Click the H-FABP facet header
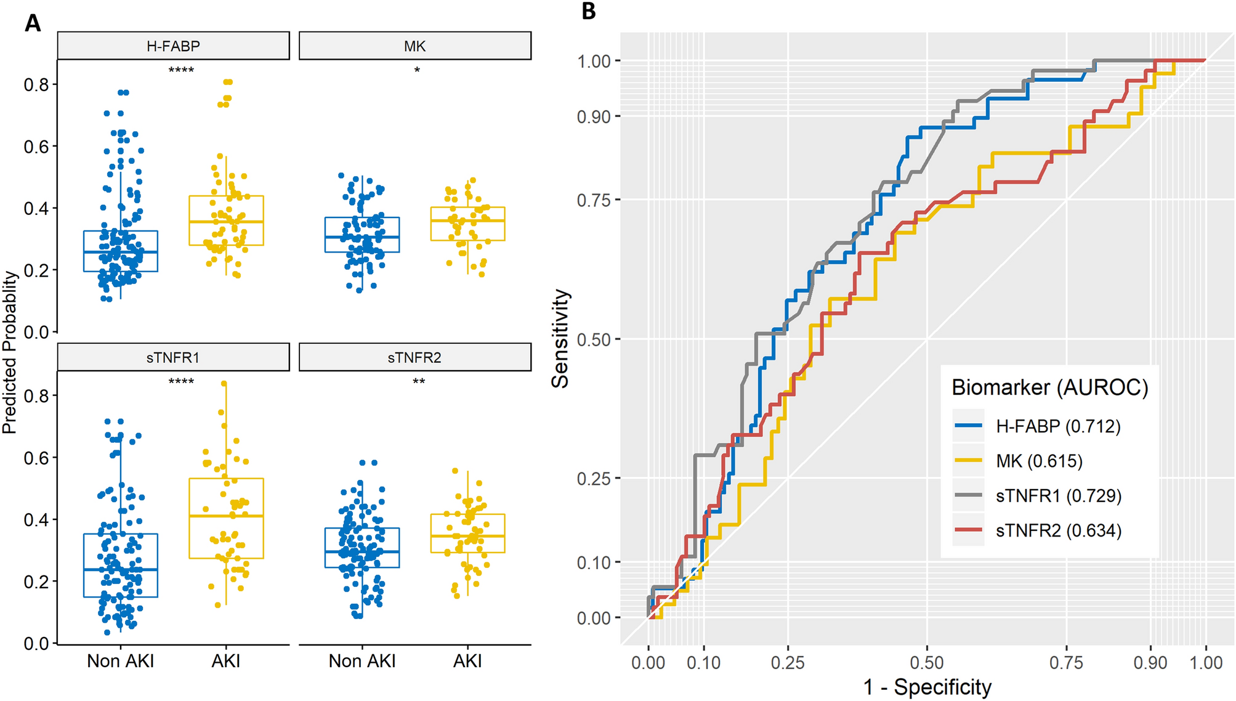pos(173,46)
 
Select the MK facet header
pos(414,46)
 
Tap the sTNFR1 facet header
pos(173,358)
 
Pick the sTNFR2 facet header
pos(414,358)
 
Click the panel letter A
pos(33,23)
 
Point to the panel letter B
pos(588,11)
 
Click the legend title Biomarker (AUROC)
pos(1049,387)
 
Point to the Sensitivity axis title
pos(560,339)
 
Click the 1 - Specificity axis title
pos(927,687)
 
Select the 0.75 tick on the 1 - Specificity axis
pos(1066,663)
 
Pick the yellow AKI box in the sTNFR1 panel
pos(226,518)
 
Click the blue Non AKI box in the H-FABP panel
pos(121,251)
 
